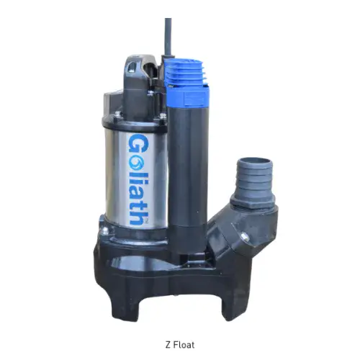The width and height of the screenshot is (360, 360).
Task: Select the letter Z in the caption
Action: [x=168, y=344]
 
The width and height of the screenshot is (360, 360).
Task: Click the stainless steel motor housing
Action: [x=122, y=166]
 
